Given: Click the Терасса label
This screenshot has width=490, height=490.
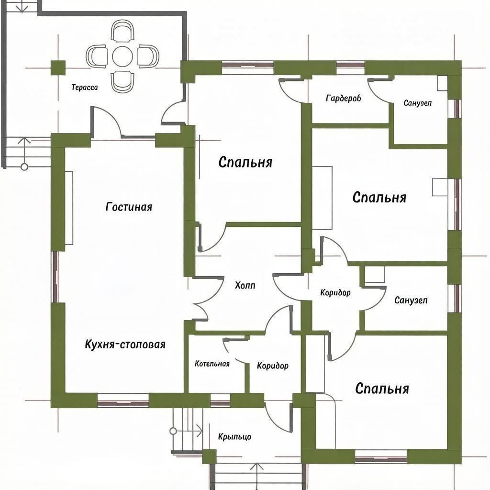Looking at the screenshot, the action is pos(84,87).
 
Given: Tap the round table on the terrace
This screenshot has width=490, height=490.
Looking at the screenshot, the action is pos(122,56).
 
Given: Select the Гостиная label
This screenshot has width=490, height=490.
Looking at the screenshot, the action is pos(129,207).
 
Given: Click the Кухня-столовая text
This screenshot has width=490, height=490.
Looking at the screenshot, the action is pos(125,345).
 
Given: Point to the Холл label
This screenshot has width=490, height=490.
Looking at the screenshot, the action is pos(245,285).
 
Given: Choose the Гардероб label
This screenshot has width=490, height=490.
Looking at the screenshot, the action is pos(344,99).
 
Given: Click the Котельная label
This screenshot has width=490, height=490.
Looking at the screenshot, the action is pos(212,364).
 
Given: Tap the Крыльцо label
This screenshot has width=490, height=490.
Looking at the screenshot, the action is pos(234,436).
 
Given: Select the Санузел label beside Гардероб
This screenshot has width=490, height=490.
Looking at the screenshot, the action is pos(417,103).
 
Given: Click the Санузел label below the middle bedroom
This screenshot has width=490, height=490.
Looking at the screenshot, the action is pos(411,301).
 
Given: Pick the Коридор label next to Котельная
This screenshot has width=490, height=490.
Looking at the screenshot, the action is pos(272,366).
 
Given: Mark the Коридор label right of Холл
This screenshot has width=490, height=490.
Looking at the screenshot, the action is pos(335,292).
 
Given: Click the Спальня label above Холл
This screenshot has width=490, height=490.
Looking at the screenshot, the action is pos(245,163).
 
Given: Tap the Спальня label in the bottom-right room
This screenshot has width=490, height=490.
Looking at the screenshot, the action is pos(382,389).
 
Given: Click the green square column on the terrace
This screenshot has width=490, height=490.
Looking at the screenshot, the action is pos(58,68).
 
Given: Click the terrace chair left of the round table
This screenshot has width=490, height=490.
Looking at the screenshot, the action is pos(97,56).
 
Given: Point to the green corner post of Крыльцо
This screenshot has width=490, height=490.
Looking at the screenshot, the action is pos(209,457).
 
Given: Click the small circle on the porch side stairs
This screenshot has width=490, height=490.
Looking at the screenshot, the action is pos(173,431).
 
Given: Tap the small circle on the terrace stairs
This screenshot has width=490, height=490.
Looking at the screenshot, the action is pos(24,167).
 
